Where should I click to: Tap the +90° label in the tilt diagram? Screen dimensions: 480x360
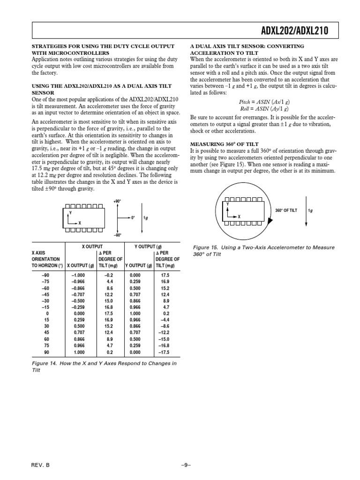[117, 201]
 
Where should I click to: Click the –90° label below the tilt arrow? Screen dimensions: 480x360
[117, 235]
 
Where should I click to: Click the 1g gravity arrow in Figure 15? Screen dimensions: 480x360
[306, 210]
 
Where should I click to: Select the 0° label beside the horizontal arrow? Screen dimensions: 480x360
[133, 218]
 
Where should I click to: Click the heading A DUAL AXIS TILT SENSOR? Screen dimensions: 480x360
[247, 49]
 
